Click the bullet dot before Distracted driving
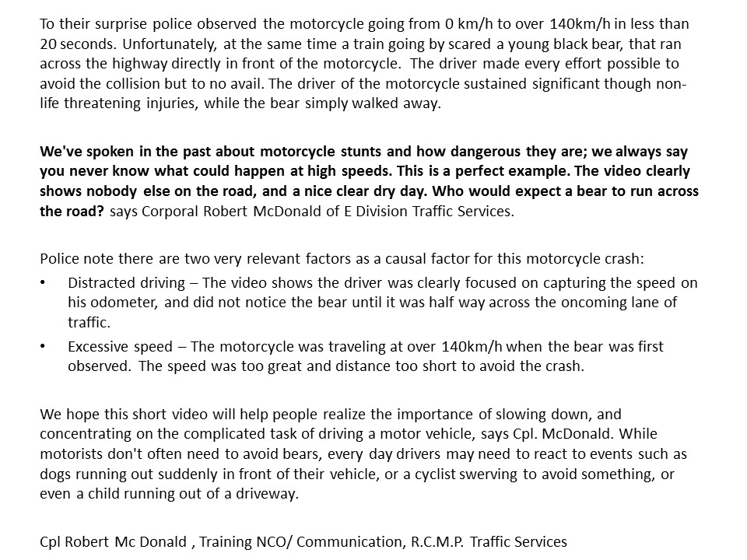(x=43, y=284)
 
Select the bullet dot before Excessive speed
(x=43, y=347)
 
